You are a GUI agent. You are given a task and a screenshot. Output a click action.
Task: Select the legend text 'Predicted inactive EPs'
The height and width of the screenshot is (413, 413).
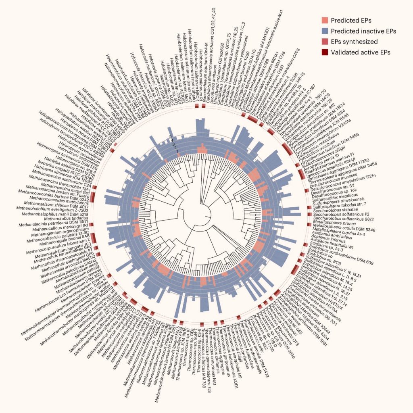[363, 31]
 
